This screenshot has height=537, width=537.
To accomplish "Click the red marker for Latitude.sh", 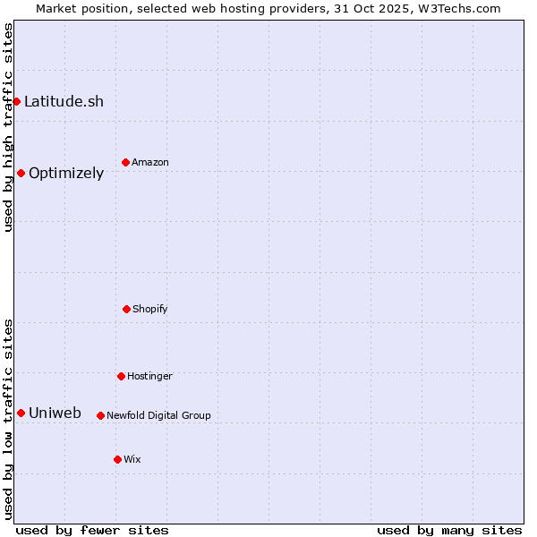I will point(16,101).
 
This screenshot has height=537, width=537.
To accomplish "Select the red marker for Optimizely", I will point(21,173).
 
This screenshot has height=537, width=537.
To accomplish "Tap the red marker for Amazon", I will point(125,162).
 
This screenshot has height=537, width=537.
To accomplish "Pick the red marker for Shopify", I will point(126,309).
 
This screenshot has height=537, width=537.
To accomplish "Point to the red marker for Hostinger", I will point(121,376).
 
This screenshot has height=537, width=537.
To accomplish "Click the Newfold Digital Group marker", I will point(100,415).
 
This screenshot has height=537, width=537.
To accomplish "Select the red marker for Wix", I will point(117,459).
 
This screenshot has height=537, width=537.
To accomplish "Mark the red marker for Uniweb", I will point(21,413).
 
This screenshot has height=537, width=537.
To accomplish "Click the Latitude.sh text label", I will point(64,101).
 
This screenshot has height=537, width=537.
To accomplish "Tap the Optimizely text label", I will point(66,174).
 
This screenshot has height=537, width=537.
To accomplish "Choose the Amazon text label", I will point(150,162).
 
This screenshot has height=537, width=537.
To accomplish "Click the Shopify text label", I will point(150,309).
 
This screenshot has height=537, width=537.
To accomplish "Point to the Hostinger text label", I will point(149,376).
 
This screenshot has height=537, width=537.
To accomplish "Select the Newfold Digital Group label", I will point(158,415).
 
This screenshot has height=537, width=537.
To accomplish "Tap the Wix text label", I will point(132,459).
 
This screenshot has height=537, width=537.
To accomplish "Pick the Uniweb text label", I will point(55,413).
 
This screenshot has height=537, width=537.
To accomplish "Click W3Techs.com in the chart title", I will point(456,8).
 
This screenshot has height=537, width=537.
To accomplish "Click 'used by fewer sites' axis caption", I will point(92,530).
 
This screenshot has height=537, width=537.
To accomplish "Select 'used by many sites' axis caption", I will point(449,530).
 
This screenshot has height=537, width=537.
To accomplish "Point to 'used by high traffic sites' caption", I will point(8,128).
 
